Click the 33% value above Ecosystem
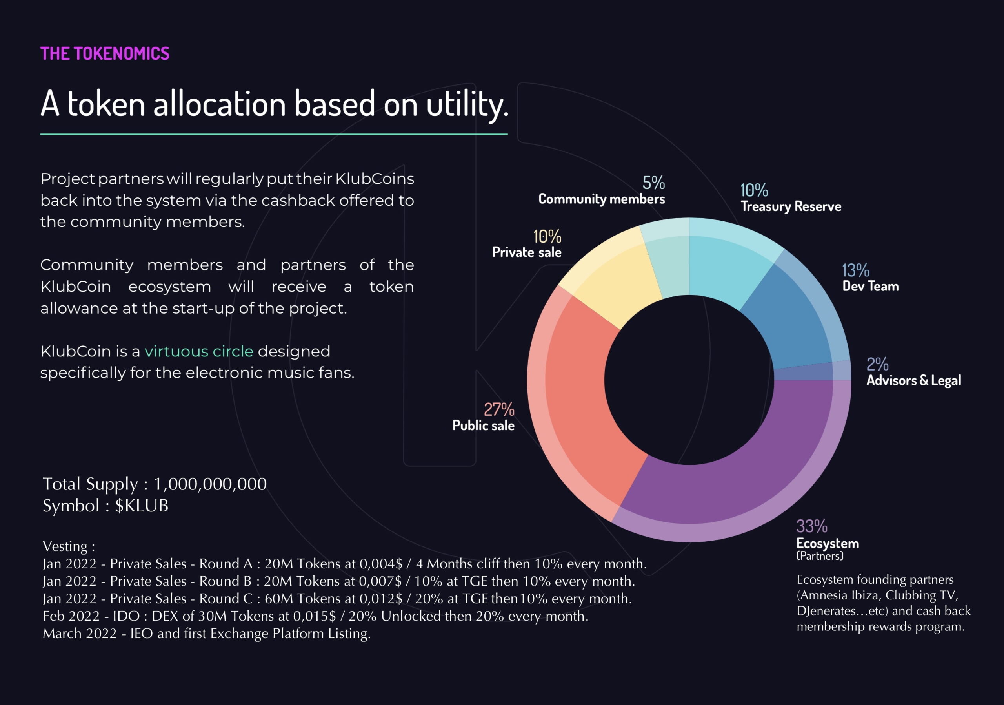[811, 526]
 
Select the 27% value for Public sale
[499, 409]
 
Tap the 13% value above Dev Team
[855, 270]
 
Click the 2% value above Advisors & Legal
[877, 364]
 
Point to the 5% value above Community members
[653, 183]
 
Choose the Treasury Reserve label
[791, 206]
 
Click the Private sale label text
[526, 252]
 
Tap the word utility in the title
[467, 104]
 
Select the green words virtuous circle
[199, 351]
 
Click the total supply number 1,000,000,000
[210, 484]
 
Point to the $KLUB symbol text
[142, 506]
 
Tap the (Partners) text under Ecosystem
[819, 556]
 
